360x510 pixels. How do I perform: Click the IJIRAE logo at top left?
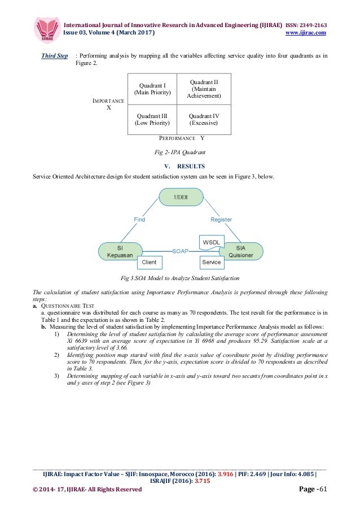pyautogui.click(x=47, y=29)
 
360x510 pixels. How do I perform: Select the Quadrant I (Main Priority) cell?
pyautogui.click(x=152, y=89)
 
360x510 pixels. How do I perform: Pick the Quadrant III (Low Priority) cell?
pyautogui.click(x=152, y=119)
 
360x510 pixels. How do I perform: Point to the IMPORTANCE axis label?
pyautogui.click(x=108, y=101)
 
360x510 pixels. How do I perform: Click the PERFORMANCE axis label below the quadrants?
pyautogui.click(x=177, y=138)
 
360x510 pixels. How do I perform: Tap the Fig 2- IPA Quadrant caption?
pyautogui.click(x=180, y=152)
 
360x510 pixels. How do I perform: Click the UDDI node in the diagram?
pyautogui.click(x=181, y=198)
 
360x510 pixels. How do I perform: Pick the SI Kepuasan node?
pyautogui.click(x=120, y=251)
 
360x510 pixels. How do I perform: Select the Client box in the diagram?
pyautogui.click(x=149, y=262)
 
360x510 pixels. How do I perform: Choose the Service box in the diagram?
pyautogui.click(x=212, y=262)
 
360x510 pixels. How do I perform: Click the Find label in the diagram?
pyautogui.click(x=139, y=219)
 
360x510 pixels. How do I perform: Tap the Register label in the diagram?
pyautogui.click(x=222, y=219)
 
